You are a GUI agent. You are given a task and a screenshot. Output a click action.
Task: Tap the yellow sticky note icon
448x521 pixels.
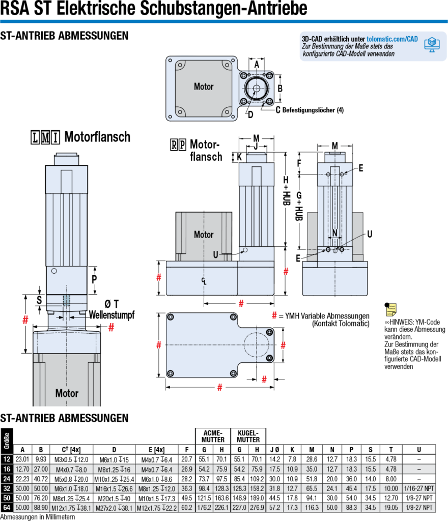390,308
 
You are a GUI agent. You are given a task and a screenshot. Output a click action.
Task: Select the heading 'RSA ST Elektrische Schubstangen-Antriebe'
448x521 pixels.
154,9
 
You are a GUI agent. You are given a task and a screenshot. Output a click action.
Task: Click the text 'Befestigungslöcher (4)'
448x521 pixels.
313,110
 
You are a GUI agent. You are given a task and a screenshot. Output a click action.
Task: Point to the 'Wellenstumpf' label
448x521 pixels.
111,315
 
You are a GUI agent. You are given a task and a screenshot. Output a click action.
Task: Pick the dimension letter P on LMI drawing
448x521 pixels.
94,279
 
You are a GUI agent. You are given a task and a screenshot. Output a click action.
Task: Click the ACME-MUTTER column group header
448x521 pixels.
213,436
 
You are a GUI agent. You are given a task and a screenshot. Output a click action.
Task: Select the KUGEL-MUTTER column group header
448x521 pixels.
248,436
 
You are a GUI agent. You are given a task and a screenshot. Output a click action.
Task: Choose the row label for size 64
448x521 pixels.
7,507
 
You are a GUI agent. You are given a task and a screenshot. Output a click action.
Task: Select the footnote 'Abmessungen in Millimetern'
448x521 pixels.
38,517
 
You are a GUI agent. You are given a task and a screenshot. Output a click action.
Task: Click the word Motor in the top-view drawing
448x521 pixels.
204,86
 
